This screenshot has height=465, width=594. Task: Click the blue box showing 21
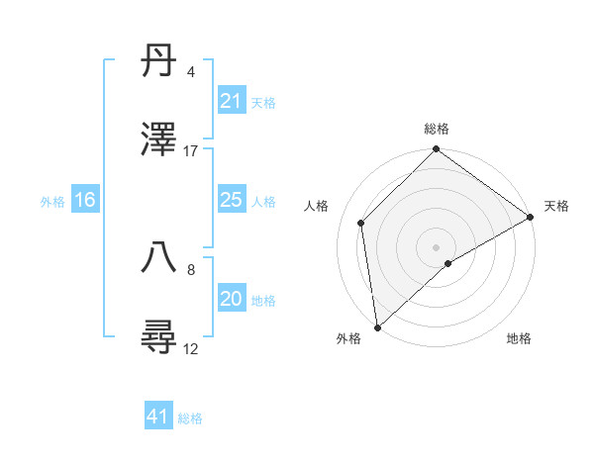(x=231, y=102)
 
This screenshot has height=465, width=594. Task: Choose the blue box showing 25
(x=231, y=201)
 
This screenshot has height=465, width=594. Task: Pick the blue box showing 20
(x=231, y=300)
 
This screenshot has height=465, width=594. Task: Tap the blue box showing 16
(x=85, y=201)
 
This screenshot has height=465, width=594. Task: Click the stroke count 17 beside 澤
(x=191, y=151)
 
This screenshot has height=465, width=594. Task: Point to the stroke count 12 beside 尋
(x=191, y=348)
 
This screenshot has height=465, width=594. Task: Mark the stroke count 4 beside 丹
(x=190, y=72)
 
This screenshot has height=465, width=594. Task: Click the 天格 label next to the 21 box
(x=263, y=103)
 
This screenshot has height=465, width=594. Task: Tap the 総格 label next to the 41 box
(x=190, y=418)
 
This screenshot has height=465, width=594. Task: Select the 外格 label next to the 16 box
(x=52, y=202)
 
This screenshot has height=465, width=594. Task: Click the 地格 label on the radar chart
(x=519, y=338)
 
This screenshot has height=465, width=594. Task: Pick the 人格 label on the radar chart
(x=318, y=206)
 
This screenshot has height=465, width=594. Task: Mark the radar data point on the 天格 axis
(x=531, y=217)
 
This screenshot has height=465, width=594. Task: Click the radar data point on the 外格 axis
(x=377, y=327)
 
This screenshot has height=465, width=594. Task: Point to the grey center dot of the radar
(x=436, y=246)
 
